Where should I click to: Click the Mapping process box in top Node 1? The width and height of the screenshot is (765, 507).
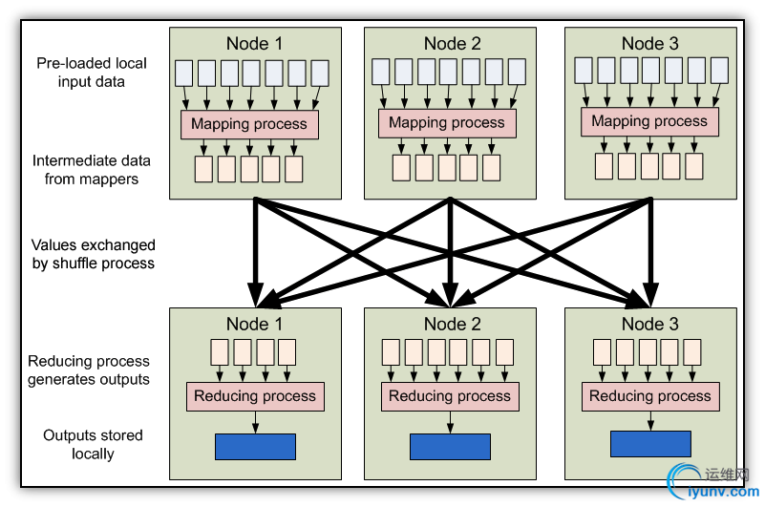click(x=249, y=124)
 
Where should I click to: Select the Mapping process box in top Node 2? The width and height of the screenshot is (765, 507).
click(x=447, y=123)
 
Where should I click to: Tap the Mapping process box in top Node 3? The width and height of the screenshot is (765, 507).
click(x=649, y=121)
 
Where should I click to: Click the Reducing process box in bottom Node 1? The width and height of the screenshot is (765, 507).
click(x=255, y=396)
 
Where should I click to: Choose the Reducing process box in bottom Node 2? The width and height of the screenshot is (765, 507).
click(x=450, y=396)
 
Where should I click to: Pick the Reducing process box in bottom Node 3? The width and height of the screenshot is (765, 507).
click(x=650, y=396)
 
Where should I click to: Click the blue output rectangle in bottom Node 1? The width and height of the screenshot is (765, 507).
click(x=255, y=447)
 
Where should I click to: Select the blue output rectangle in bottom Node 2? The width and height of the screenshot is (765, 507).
click(x=450, y=447)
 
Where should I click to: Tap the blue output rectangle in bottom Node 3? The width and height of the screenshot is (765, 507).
click(x=650, y=443)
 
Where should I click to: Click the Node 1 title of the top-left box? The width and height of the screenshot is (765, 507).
click(x=254, y=43)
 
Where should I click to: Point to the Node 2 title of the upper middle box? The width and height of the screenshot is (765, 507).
click(x=452, y=43)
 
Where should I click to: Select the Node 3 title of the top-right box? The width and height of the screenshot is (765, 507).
click(x=649, y=43)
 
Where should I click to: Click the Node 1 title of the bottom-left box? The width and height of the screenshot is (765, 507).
click(x=254, y=324)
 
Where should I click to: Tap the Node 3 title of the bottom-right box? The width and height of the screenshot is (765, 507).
click(x=649, y=324)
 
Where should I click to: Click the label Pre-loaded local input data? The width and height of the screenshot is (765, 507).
click(x=92, y=73)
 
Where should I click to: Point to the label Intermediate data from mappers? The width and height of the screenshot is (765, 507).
click(x=92, y=170)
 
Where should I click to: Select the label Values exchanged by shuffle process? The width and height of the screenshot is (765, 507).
click(x=93, y=254)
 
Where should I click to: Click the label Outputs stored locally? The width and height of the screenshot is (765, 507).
click(x=93, y=444)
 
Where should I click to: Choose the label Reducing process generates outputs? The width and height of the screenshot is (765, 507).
click(x=89, y=370)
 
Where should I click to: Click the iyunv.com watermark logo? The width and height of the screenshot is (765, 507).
click(x=712, y=482)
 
